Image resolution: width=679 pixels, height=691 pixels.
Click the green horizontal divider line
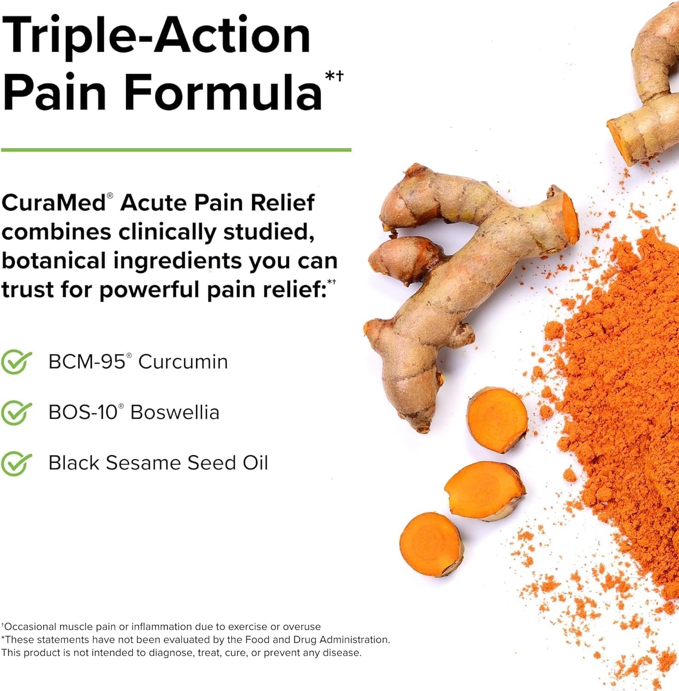(x=176, y=150)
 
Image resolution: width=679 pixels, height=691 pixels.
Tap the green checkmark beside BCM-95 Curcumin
(x=16, y=362)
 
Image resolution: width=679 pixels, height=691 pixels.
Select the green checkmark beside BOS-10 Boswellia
(x=16, y=413)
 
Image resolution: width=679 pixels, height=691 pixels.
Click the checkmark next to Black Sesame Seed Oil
(x=16, y=463)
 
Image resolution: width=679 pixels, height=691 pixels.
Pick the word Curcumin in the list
(x=183, y=362)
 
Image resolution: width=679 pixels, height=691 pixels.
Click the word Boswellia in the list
(x=175, y=413)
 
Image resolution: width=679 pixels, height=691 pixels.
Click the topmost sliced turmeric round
(x=497, y=419)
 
